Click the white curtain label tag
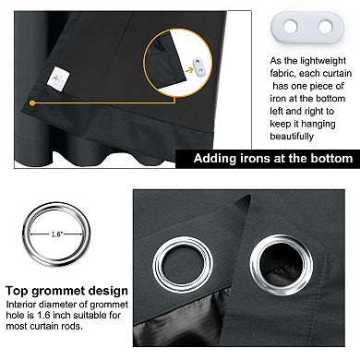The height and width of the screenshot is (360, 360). click(58, 78)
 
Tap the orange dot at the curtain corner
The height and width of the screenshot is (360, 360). click(32, 103)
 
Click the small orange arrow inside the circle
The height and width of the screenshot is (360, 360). click(189, 70)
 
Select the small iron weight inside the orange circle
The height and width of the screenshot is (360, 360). click(198, 66)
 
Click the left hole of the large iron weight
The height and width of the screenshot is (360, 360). click(291, 27)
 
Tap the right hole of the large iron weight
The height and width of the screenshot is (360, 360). click(326, 27)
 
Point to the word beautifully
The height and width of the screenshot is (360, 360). click(292, 136)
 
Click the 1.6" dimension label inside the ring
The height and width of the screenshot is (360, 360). click(56, 234)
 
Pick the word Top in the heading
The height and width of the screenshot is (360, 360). click(18, 291)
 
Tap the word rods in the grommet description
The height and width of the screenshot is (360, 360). click(72, 326)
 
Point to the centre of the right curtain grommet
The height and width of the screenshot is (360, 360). click(282, 265)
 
